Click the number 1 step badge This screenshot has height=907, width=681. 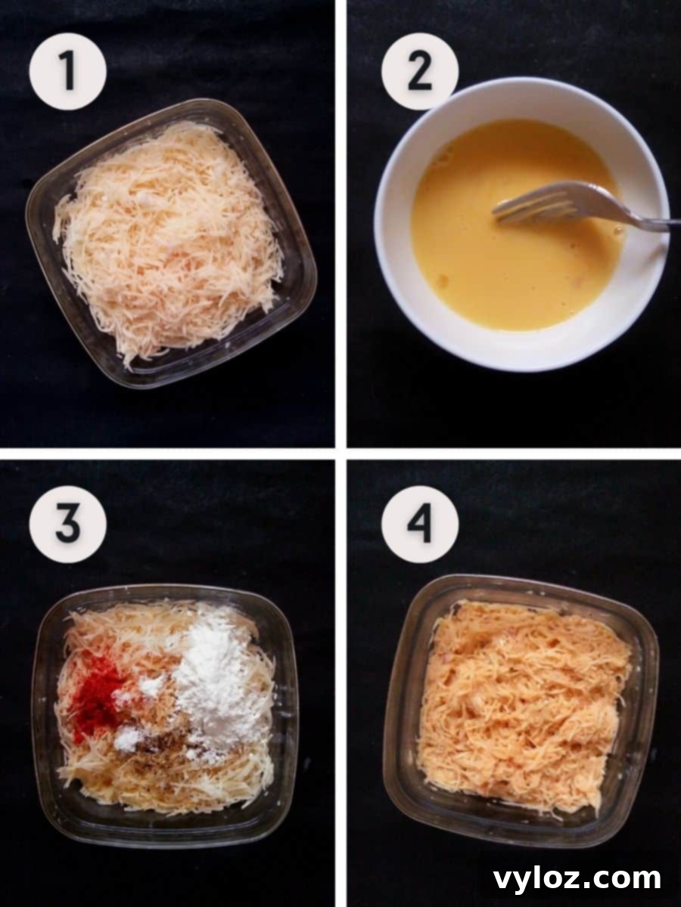click(67, 71)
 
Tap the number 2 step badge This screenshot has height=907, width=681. click(419, 71)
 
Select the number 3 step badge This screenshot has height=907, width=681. click(67, 524)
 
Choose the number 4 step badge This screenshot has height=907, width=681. click(419, 524)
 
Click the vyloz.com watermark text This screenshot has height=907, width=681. click(577, 878)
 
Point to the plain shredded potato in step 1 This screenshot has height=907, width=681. click(170, 242)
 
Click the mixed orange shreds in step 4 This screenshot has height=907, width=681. click(522, 703)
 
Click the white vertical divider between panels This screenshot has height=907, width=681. click(340, 227)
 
